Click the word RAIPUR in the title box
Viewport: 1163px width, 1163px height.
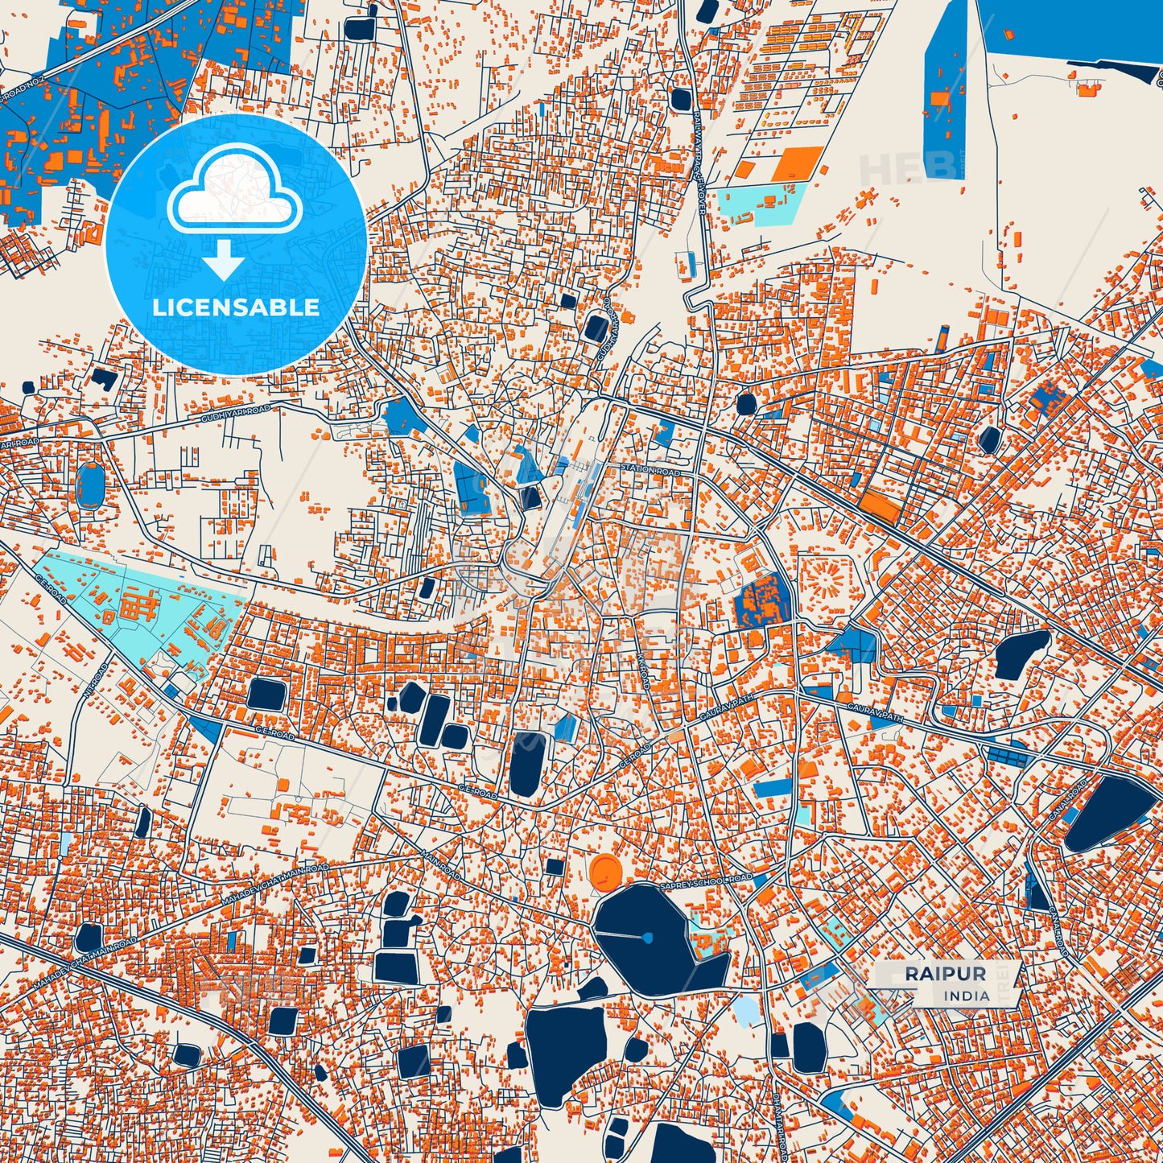click(x=945, y=974)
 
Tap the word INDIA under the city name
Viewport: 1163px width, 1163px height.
click(x=967, y=996)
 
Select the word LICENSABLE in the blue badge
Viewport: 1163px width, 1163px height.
click(x=236, y=307)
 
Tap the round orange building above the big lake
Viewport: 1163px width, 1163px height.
click(x=605, y=871)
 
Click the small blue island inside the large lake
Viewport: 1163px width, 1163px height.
click(x=647, y=938)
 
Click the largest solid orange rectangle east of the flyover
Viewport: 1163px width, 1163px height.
click(x=798, y=163)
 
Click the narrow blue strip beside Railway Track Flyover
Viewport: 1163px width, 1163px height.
click(x=687, y=264)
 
